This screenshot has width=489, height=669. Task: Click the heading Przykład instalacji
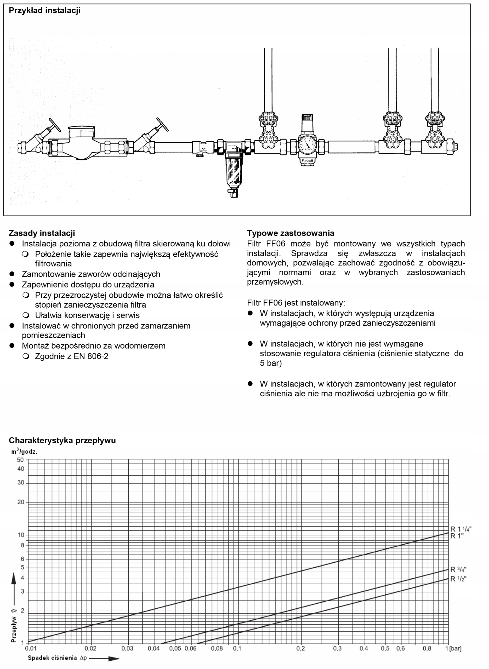(45, 11)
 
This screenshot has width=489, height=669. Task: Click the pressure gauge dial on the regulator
(307, 145)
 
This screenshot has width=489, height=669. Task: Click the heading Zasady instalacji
(42, 233)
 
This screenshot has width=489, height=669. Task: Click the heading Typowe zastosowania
(290, 233)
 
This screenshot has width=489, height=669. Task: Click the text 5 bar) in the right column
(271, 363)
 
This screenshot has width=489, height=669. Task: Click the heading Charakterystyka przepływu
(62, 440)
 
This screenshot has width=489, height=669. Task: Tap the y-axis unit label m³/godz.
(24, 452)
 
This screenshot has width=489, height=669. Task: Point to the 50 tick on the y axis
(20, 460)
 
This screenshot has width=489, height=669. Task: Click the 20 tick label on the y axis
(20, 502)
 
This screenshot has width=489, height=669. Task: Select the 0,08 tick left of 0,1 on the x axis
(217, 649)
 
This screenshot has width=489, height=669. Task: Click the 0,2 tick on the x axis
(300, 649)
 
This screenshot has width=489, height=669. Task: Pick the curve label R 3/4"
(458, 569)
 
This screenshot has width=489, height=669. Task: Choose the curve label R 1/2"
(458, 579)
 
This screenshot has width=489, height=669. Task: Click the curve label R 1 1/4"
(460, 529)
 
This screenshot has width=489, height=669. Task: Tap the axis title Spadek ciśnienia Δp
(57, 658)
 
